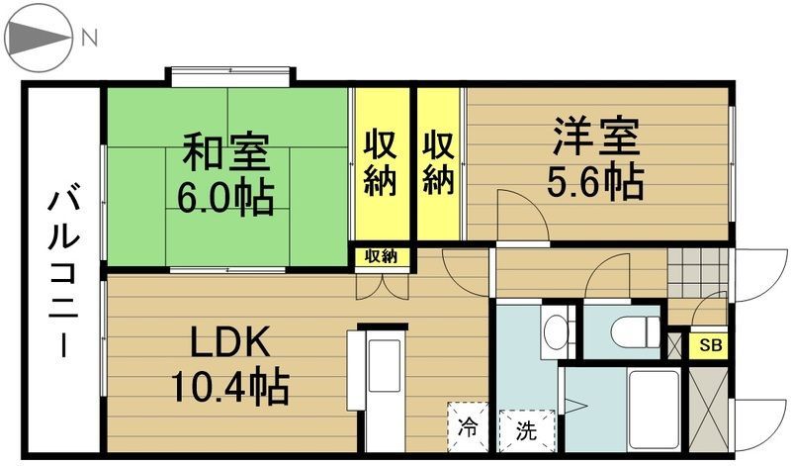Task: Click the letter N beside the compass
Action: [89, 38]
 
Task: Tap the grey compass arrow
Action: [37, 38]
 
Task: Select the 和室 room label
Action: [225, 150]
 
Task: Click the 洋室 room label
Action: [596, 136]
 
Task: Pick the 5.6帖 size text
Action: [596, 181]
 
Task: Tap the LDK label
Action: [229, 342]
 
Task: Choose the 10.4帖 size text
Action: [230, 387]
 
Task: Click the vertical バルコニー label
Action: [63, 273]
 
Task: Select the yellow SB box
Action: [709, 346]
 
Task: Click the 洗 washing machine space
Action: [527, 430]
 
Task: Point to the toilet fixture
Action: [635, 332]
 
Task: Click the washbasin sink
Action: [557, 330]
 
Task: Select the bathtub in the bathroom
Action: [655, 410]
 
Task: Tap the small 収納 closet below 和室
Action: [381, 256]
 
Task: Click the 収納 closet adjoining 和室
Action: [380, 163]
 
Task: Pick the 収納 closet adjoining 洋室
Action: [439, 163]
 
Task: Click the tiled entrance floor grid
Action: [699, 273]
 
